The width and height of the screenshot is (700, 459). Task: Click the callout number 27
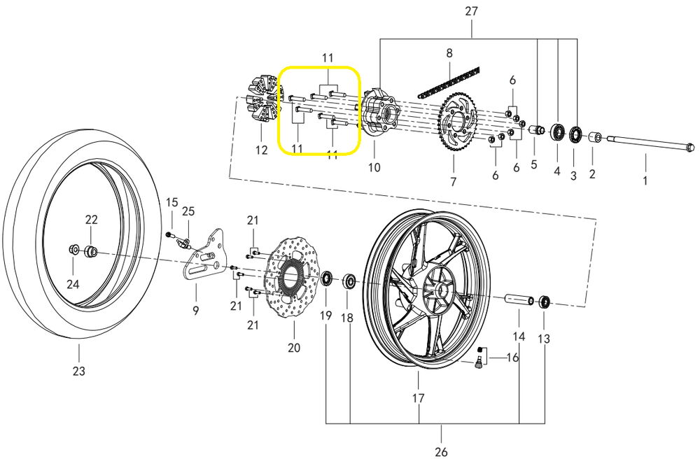tap(471, 11)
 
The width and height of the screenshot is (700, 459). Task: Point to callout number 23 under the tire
tap(78, 371)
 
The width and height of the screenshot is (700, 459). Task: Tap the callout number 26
tap(440, 452)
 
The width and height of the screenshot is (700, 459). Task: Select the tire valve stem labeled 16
tap(479, 359)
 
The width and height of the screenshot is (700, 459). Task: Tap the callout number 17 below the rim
tap(418, 400)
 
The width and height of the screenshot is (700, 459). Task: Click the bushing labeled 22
tap(90, 251)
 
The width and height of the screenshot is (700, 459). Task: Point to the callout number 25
tap(188, 211)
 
